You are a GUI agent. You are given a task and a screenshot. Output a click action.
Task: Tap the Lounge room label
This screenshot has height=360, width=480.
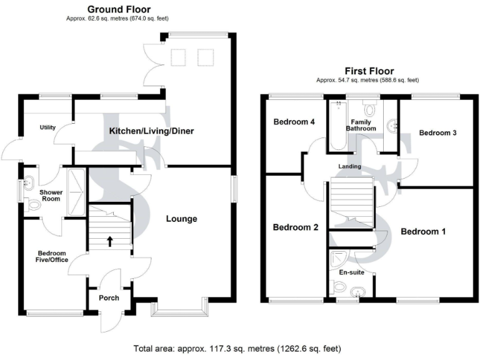pos(181,219)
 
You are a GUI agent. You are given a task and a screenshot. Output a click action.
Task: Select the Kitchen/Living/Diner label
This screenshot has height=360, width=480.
pos(152,131)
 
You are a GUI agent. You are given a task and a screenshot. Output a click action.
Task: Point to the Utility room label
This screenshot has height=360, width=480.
pos(48,127)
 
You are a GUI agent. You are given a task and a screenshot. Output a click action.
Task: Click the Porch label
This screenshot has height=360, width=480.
pos(109,297)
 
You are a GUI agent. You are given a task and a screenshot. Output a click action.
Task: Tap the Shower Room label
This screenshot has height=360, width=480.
pos(50,195)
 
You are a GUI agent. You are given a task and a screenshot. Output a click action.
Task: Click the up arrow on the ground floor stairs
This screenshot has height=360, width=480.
pos(109,240)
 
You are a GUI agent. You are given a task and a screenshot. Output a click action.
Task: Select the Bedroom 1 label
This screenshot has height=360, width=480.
pos(422,231)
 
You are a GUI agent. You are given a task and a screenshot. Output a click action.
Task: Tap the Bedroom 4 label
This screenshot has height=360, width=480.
pos(294,122)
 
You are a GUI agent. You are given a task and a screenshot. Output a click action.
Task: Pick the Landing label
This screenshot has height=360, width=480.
pos(349,167)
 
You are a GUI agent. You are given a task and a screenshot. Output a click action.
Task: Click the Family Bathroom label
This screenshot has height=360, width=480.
pos(362,125)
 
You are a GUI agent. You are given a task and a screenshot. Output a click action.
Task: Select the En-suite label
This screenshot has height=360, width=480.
pos(351,272)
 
